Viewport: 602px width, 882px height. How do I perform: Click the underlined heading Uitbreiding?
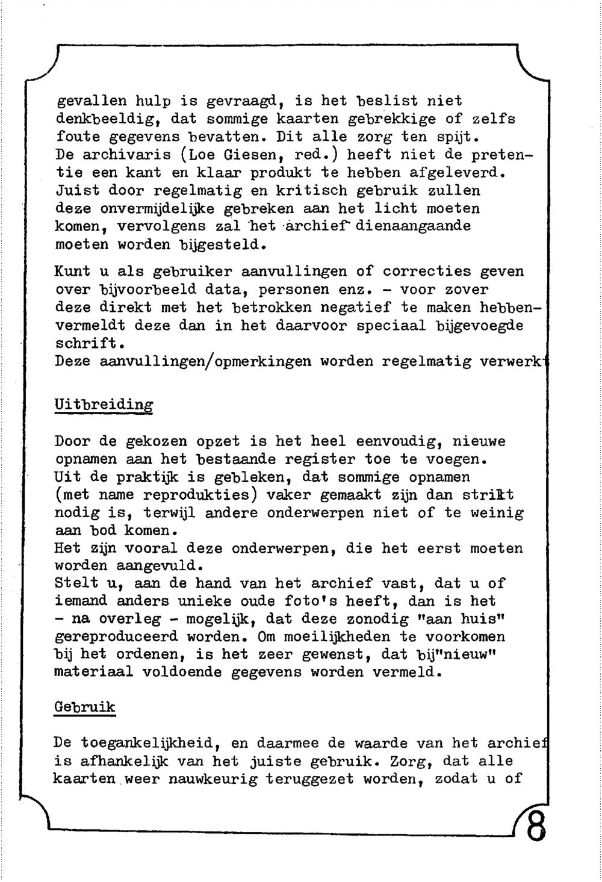104,405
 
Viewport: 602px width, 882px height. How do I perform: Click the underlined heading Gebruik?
84,707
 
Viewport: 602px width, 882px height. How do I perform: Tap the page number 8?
535,828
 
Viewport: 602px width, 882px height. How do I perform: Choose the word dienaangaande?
414,226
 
